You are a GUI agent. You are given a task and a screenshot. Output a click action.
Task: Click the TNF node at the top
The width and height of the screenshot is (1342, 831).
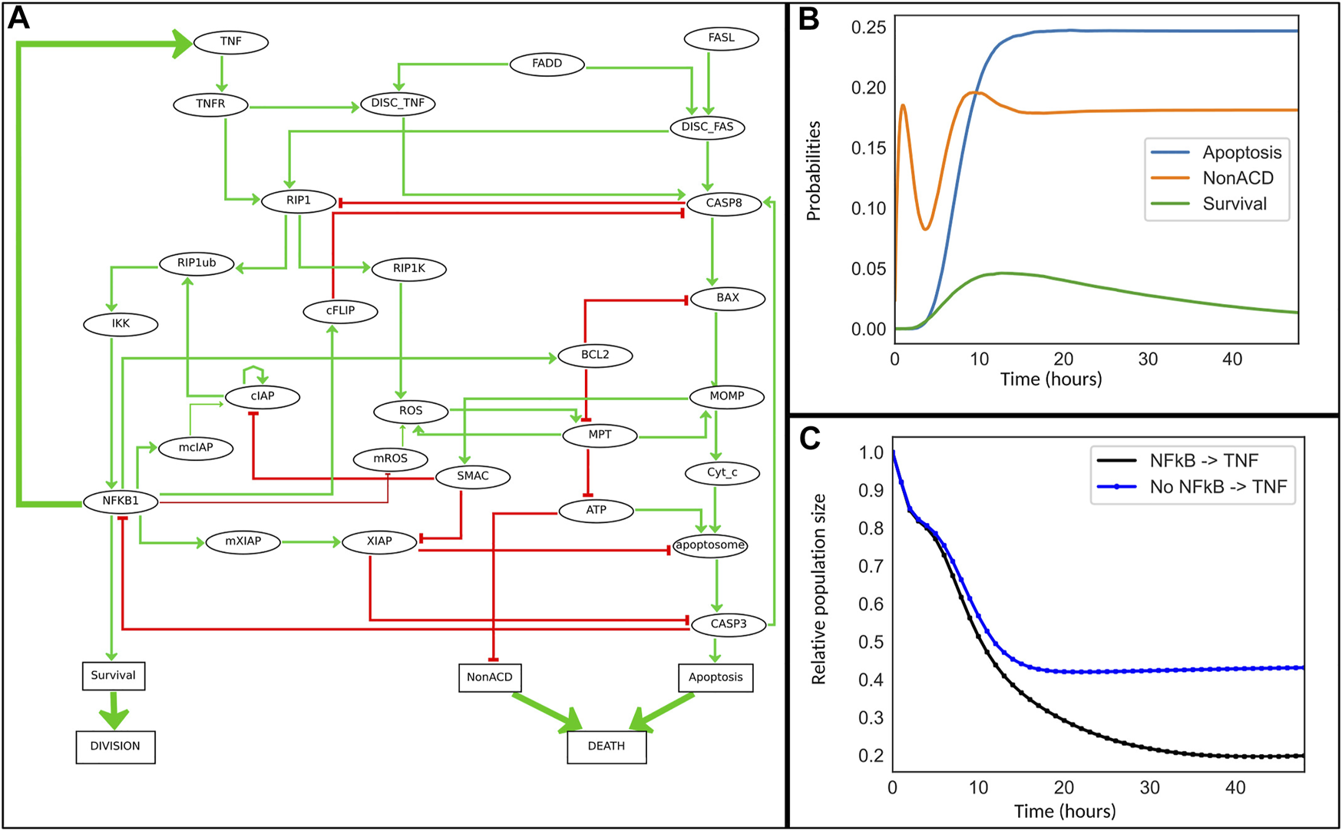tap(230, 41)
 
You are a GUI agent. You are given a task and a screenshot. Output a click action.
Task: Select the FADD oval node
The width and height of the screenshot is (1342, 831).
tap(547, 64)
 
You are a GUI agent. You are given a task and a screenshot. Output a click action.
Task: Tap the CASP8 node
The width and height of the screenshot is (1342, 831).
tap(723, 204)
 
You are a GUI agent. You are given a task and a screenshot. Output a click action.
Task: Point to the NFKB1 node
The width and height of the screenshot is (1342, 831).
tap(121, 501)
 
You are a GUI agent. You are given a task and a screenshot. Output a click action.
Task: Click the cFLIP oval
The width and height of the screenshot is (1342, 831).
tap(340, 311)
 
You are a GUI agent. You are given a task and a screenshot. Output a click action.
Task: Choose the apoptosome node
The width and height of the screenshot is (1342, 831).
tap(709, 545)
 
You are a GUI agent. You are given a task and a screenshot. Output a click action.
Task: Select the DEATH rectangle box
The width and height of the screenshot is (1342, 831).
tap(607, 747)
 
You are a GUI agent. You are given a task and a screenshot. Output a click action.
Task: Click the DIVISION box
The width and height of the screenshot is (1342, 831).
tap(115, 747)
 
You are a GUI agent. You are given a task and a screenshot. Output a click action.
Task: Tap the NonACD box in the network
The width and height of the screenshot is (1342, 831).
tap(489, 677)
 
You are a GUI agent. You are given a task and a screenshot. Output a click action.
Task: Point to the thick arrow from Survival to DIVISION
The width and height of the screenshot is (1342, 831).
tap(114, 710)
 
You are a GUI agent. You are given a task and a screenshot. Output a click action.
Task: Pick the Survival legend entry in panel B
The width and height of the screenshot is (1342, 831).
tap(1234, 204)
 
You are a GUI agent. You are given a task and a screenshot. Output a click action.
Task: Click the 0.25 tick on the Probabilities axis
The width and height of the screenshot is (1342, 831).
tap(868, 28)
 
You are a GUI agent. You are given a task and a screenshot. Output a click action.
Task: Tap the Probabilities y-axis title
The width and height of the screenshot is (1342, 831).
tap(813, 171)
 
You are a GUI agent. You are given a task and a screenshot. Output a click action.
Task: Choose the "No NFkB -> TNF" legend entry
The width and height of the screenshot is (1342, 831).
tap(1218, 487)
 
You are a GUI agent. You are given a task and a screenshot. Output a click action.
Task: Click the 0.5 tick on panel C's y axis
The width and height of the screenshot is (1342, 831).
tap(871, 642)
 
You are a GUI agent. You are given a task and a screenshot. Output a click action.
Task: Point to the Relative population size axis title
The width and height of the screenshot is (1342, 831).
tap(818, 588)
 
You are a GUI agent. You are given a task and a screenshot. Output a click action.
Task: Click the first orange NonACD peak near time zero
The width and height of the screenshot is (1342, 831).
tap(903, 105)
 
